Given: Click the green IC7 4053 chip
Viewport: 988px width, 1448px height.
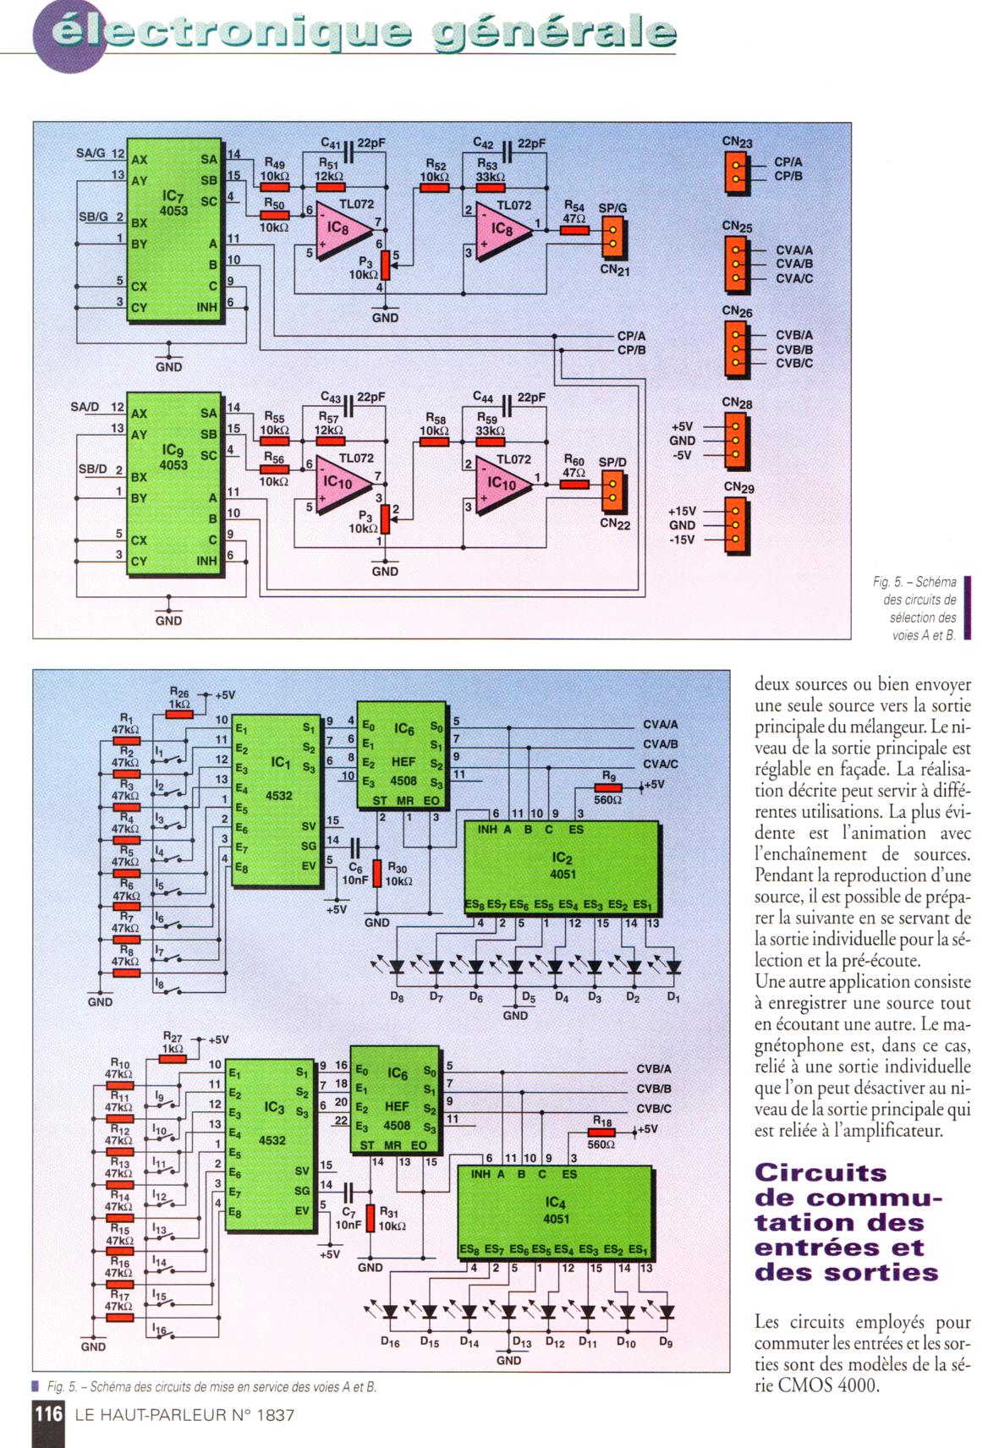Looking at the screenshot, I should pyautogui.click(x=174, y=230).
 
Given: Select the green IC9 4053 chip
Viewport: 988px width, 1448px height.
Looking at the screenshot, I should pyautogui.click(x=174, y=485).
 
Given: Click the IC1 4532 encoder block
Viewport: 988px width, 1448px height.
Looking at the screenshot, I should pyautogui.click(x=277, y=800).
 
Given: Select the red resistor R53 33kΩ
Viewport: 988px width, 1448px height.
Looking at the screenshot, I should pyautogui.click(x=488, y=188).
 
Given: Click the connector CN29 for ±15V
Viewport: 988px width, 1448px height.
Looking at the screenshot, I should pyautogui.click(x=737, y=525).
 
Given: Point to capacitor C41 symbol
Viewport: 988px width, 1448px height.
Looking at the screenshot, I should pyautogui.click(x=348, y=151).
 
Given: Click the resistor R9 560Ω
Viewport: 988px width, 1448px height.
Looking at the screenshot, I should pyautogui.click(x=608, y=788).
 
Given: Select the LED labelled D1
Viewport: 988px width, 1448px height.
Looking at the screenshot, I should pyautogui.click(x=673, y=967).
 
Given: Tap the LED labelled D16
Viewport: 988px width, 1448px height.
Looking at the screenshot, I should pyautogui.click(x=390, y=1312).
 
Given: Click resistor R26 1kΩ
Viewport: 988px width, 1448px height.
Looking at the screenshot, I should pyautogui.click(x=179, y=714).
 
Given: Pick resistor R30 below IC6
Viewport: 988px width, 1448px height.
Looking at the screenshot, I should pyautogui.click(x=377, y=874).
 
